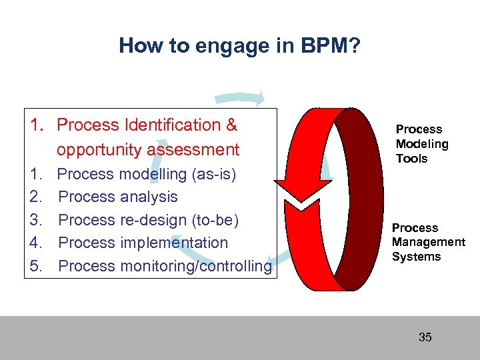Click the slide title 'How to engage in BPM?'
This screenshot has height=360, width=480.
239,45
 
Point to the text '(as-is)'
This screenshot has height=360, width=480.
213,174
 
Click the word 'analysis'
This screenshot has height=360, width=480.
149,197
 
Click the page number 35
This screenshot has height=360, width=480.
425,337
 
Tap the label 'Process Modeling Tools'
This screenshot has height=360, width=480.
422,144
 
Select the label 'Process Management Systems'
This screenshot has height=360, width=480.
428,243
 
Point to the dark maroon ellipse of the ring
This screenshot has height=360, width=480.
360,190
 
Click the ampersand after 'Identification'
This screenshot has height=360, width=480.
231,125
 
